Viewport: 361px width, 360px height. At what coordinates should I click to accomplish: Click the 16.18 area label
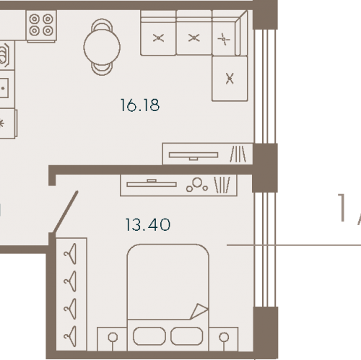pos(140,105)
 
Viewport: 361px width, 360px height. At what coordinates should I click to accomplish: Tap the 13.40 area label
pos(148,225)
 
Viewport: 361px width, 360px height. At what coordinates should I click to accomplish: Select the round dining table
pos(102,47)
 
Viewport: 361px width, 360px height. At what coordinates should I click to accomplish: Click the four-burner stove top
pos(41,25)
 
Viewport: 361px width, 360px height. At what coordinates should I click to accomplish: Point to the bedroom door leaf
pos(65,212)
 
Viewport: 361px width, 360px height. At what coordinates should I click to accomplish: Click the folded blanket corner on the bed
pos(199,311)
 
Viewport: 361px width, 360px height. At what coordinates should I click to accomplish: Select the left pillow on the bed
pos(149,336)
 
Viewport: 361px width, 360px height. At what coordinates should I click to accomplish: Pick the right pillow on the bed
pos(187,336)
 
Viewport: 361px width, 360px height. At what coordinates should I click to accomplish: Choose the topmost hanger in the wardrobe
pos(70,254)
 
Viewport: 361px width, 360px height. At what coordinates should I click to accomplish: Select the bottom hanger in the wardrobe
pos(70,336)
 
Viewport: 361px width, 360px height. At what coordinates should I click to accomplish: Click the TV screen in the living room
pos(193,155)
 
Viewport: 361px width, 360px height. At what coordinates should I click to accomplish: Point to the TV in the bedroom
pos(152,183)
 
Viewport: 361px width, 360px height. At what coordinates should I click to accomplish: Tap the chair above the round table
pos(102,25)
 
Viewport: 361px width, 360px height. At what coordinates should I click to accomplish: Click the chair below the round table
pos(102,69)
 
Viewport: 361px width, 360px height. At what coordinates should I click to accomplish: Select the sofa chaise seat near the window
pos(230,79)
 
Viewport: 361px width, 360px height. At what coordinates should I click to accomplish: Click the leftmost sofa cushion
pos(158,38)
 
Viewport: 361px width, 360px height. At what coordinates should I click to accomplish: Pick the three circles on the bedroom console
pos(197,185)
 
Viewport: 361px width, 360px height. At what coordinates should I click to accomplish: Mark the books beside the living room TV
pos(238,154)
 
